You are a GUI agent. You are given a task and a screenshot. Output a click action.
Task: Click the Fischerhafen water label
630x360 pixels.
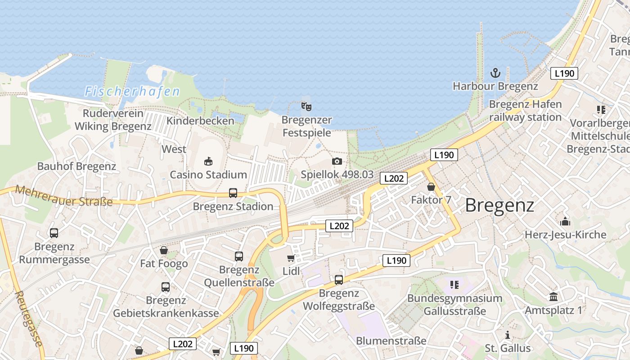coord(132,92)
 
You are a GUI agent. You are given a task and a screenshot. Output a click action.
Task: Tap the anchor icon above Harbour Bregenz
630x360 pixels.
coord(495,73)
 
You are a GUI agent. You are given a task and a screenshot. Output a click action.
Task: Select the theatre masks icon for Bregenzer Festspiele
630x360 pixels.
coord(306,107)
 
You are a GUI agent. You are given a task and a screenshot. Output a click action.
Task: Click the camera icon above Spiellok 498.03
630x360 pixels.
coord(337,162)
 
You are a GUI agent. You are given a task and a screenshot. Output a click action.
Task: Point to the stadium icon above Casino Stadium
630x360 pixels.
coord(208,161)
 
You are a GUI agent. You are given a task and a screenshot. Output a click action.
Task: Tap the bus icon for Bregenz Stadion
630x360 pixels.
coord(233,193)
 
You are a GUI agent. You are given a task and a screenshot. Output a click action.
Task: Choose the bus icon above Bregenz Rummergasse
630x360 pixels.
coord(54,233)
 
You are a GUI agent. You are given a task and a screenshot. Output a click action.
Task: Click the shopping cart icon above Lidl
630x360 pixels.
coord(291,258)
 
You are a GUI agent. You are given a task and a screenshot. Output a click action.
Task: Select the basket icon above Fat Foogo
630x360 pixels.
coord(164,250)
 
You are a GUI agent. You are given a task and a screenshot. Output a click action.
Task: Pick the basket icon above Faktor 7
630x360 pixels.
coord(431,187)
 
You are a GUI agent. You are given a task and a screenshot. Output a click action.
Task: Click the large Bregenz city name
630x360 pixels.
coord(499,205)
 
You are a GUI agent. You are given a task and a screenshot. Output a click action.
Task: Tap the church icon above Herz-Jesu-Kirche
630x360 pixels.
coord(565,221)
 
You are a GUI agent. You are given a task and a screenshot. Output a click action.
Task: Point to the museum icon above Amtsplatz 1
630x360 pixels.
coord(553,297)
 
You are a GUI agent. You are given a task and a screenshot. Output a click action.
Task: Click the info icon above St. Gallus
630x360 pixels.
coord(508,335)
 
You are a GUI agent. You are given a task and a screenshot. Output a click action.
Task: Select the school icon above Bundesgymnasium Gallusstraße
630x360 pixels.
coord(454,285)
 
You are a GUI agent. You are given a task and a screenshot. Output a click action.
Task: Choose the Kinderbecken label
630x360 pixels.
coord(200,121)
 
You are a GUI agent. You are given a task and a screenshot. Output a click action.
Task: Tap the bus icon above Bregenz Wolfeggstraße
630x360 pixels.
coord(339,280)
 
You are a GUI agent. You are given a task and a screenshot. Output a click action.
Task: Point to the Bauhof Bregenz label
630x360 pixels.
coord(76,166)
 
